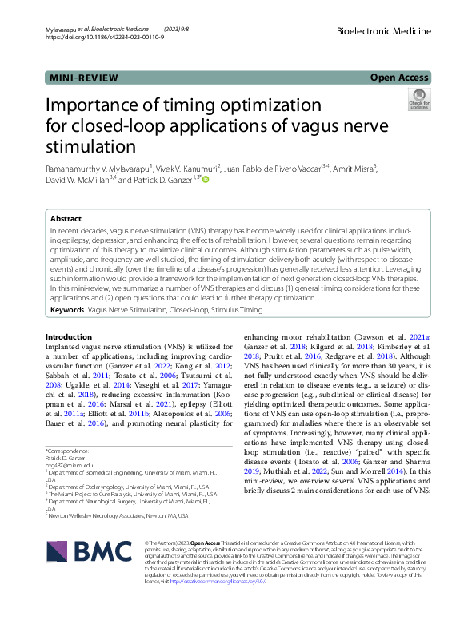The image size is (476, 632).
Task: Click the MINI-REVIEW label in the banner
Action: click(83, 78)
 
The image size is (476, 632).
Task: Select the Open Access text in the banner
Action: click(400, 78)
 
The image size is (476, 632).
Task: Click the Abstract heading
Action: click(66, 217)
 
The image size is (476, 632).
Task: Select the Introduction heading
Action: click(68, 337)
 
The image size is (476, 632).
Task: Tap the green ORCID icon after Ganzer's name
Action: click(205, 181)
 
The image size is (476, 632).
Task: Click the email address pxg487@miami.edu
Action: click(69, 464)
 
